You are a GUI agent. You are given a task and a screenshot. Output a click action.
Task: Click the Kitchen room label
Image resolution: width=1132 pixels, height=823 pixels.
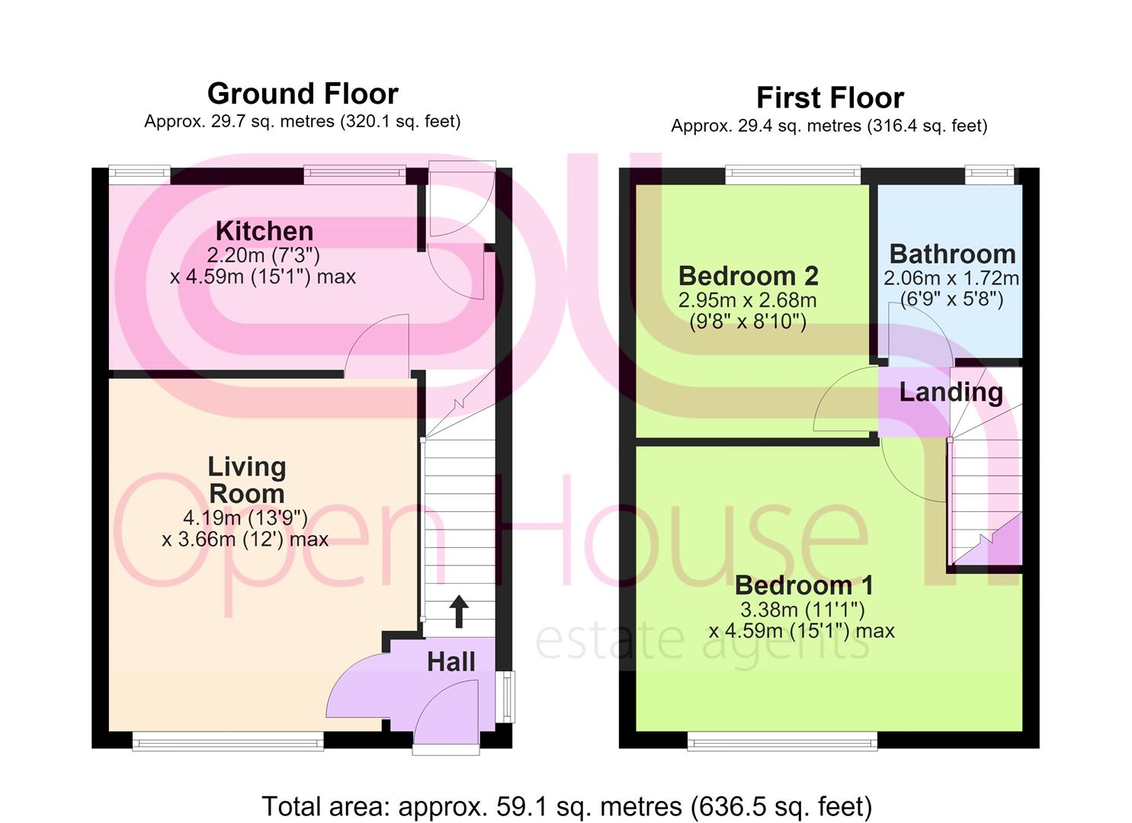pyautogui.click(x=265, y=232)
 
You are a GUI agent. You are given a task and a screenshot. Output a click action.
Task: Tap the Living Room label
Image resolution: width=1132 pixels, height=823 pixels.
pyautogui.click(x=247, y=480)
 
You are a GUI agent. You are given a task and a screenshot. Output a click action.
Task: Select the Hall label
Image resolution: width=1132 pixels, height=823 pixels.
pyautogui.click(x=451, y=662)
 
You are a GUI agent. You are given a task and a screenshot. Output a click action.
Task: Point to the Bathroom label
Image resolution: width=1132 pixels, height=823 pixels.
pyautogui.click(x=952, y=254)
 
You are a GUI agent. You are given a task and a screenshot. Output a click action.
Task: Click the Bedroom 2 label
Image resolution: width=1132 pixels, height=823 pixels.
pyautogui.click(x=748, y=276)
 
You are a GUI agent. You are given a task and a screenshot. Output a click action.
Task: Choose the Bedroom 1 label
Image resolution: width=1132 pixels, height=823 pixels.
pyautogui.click(x=804, y=585)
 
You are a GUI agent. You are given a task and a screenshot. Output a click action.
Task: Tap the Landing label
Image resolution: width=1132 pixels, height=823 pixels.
pyautogui.click(x=951, y=392)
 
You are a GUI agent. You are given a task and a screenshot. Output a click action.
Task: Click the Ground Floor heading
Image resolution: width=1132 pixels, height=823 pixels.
pyautogui.click(x=303, y=94)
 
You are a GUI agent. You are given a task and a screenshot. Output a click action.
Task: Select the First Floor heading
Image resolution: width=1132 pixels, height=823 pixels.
pyautogui.click(x=830, y=98)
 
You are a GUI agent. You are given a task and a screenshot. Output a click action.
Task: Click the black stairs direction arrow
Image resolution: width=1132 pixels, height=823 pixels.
pyautogui.click(x=459, y=612)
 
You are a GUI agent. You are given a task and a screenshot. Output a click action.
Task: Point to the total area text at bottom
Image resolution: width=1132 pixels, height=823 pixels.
pyautogui.click(x=567, y=806)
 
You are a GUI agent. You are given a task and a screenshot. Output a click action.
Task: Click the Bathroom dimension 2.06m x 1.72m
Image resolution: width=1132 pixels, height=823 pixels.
pyautogui.click(x=951, y=278)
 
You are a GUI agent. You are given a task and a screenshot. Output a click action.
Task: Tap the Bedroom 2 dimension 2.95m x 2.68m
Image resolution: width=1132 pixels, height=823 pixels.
pyautogui.click(x=747, y=300)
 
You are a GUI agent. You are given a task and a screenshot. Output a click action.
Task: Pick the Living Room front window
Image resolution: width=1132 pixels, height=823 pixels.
pyautogui.click(x=228, y=741)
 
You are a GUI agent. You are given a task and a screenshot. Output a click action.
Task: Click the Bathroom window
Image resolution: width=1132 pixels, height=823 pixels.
pyautogui.click(x=989, y=175)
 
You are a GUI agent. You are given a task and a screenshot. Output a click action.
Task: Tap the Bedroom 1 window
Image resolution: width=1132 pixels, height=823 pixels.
pyautogui.click(x=782, y=741)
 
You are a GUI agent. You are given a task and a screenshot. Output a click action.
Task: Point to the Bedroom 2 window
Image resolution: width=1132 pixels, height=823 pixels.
pyautogui.click(x=793, y=175)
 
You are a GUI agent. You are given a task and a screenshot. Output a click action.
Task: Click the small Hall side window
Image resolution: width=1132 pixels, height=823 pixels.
pyautogui.click(x=505, y=697)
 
